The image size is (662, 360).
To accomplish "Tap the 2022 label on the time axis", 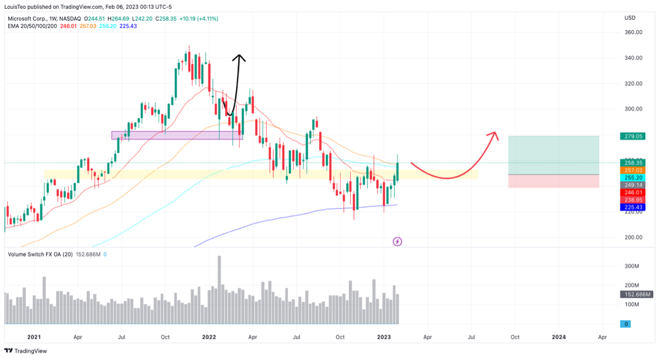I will [208, 337].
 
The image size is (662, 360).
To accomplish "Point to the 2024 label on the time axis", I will [559, 337].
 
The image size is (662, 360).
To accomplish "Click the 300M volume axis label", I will [631, 266].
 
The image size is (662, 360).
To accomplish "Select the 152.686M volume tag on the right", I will [633, 295].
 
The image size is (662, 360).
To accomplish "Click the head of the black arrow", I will [239, 56].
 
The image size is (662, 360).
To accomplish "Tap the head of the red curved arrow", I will [494, 134].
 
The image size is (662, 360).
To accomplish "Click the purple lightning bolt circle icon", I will [398, 241].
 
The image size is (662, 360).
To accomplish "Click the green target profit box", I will [553, 155].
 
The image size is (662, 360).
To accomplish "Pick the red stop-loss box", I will [553, 181].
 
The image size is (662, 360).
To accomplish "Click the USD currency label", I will [630, 18].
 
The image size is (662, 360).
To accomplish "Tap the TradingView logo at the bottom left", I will [26, 351].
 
